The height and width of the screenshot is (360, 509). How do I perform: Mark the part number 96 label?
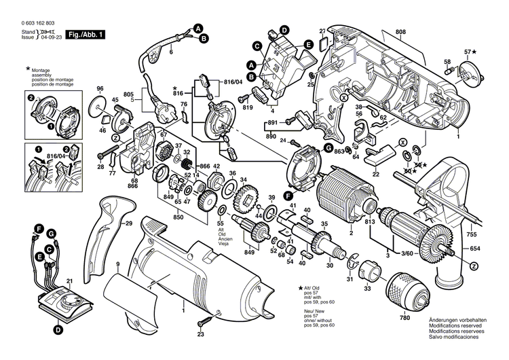(100, 89)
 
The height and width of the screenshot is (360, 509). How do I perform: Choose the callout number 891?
(271, 122)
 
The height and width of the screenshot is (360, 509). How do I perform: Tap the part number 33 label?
(367, 288)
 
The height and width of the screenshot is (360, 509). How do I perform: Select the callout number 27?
(322, 30)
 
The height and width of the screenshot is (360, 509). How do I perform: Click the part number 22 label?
(375, 173)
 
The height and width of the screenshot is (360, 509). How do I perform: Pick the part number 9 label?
(117, 263)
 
